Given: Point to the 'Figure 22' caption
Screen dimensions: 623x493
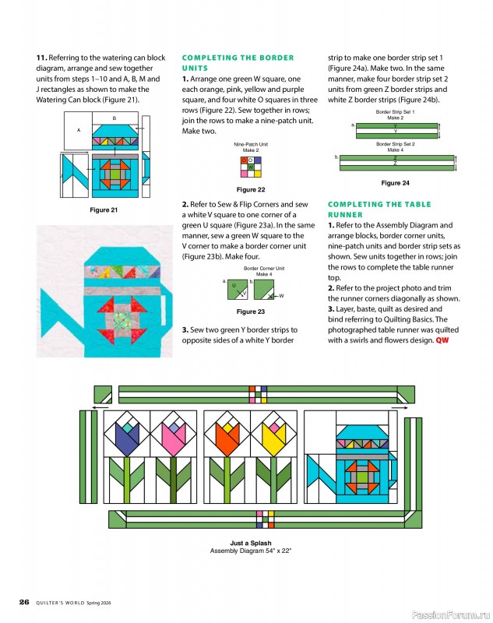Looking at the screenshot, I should pos(250,189).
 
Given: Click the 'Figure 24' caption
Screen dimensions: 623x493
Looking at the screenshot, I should pos(396,183).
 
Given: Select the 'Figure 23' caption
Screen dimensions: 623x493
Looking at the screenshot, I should pos(250,311).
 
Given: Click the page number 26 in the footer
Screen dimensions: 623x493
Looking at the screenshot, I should pos(24,602).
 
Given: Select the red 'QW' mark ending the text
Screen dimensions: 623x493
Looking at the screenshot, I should pos(442,340).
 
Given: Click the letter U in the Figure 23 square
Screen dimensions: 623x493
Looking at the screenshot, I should pos(233,286).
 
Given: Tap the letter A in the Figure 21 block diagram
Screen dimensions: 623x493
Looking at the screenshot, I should pos(79,130).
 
